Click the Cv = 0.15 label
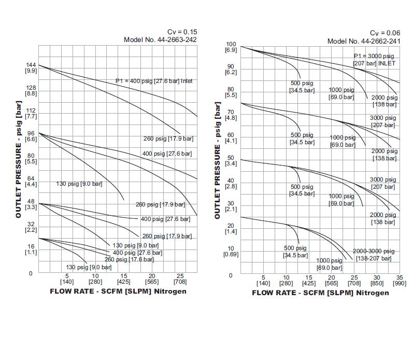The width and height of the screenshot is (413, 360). click(x=182, y=32)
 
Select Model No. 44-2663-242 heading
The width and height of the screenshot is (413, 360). click(x=160, y=39)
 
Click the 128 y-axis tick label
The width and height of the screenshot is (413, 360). click(x=31, y=88)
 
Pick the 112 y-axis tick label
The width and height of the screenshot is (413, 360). click(x=31, y=110)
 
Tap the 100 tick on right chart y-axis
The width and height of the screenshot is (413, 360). click(x=231, y=45)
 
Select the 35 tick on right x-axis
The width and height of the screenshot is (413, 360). click(x=399, y=278)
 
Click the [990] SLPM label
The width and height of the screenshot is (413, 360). click(x=399, y=284)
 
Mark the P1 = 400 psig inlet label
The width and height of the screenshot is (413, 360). click(x=153, y=81)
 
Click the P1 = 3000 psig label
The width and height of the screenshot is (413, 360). click(x=374, y=56)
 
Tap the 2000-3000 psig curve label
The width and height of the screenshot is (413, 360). click(x=374, y=251)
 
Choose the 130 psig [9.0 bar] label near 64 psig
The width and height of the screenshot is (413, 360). click(x=79, y=184)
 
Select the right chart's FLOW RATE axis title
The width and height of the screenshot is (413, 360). click(x=320, y=293)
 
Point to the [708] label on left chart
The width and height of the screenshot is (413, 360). click(x=179, y=282)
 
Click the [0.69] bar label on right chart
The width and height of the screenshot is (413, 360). click(x=231, y=255)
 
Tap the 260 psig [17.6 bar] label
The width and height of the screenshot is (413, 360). click(x=129, y=259)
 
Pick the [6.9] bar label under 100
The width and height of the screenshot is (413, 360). click(x=231, y=50)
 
